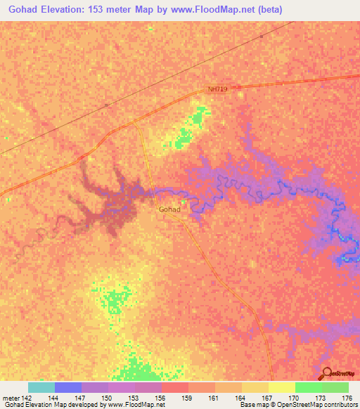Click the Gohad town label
pos(169,209)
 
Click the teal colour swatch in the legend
pos(41,387)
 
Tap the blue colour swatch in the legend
pos(68,387)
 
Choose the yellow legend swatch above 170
pos(282,387)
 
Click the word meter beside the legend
pos(10,398)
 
